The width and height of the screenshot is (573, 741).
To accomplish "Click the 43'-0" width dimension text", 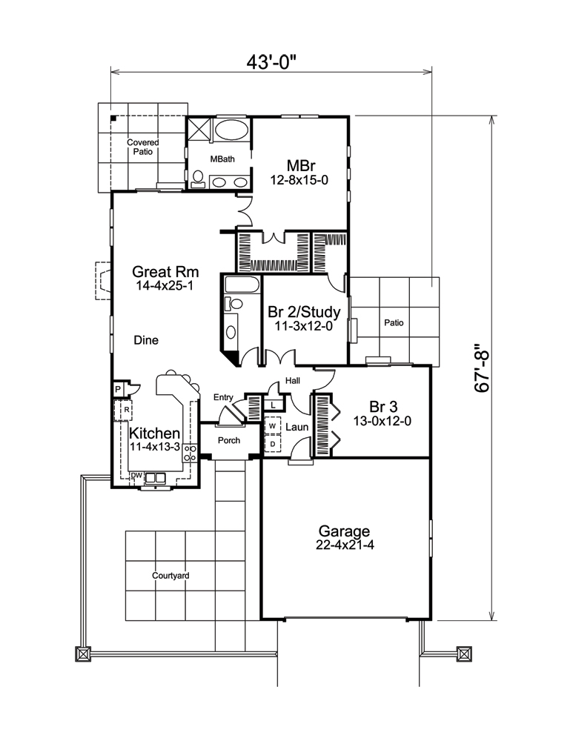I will coord(272,62).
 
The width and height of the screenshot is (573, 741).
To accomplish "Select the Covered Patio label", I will coord(142,147).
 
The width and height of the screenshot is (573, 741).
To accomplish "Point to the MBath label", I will coord(219,159).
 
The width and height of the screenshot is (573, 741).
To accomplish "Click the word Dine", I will coord(146,340).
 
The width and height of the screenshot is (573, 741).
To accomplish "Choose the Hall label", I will coord(292,382).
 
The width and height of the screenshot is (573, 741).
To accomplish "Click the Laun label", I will coord(297,428).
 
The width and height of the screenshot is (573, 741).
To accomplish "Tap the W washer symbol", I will coord(272,427).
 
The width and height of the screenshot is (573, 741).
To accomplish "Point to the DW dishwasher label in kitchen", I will coord(136,476).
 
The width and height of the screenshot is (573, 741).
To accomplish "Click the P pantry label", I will coord(118,388).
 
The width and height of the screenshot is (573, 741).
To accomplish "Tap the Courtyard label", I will coord(170,575).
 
